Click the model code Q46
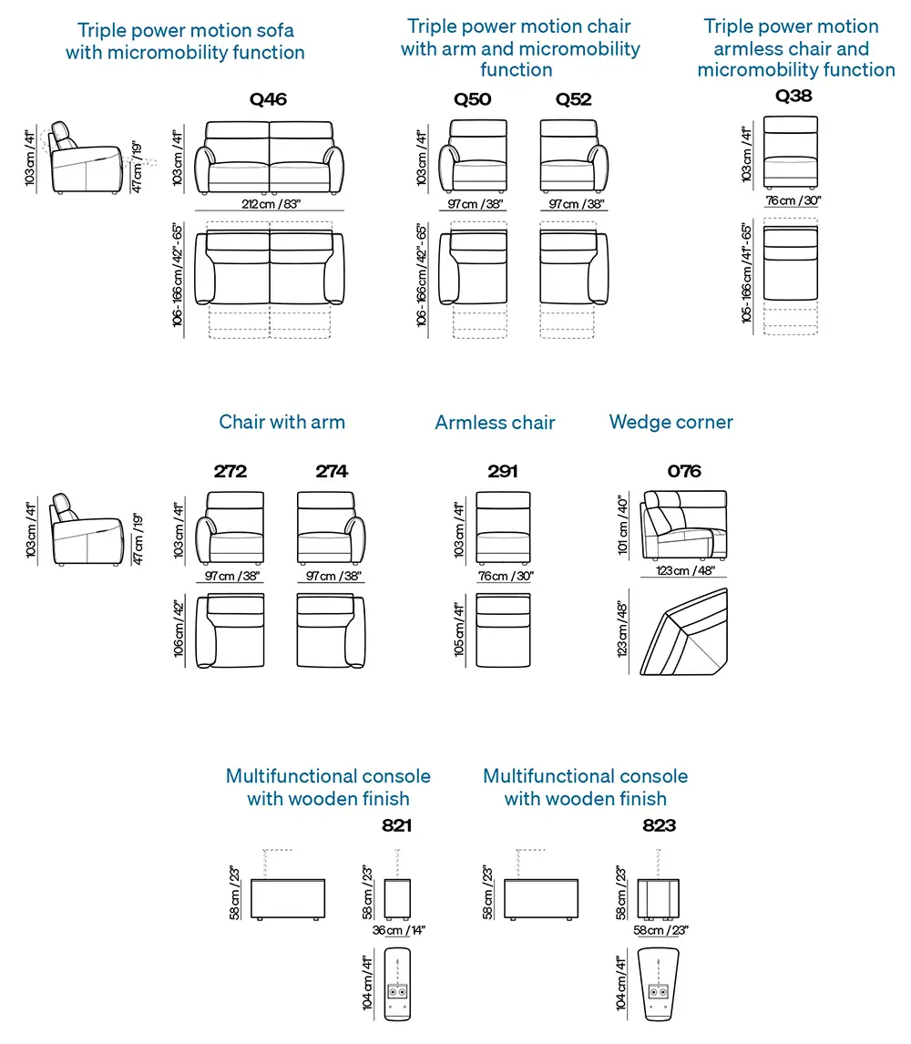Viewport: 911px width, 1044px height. click(x=268, y=99)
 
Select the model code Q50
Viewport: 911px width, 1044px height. click(x=473, y=99)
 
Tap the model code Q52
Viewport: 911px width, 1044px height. click(x=574, y=99)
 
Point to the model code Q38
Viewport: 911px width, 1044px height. click(x=793, y=95)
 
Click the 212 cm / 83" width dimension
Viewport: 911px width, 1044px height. click(x=269, y=204)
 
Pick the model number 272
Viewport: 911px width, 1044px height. click(x=230, y=472)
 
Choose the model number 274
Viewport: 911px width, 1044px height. click(x=332, y=472)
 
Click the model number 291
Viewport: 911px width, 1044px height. click(x=502, y=472)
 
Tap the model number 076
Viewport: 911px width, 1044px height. click(x=684, y=472)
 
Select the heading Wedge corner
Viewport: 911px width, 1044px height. click(x=670, y=423)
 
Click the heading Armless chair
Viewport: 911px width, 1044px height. click(x=495, y=423)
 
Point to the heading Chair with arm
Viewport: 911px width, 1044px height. click(x=281, y=422)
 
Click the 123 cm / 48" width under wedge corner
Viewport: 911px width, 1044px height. click(x=684, y=571)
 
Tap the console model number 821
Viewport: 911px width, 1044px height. click(x=396, y=826)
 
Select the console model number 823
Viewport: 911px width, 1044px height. click(x=660, y=826)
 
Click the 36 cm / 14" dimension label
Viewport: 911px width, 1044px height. click(x=398, y=930)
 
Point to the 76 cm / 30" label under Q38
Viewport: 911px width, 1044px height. click(x=793, y=200)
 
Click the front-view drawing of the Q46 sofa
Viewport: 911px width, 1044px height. click(x=271, y=159)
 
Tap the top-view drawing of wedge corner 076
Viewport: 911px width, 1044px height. click(x=684, y=634)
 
